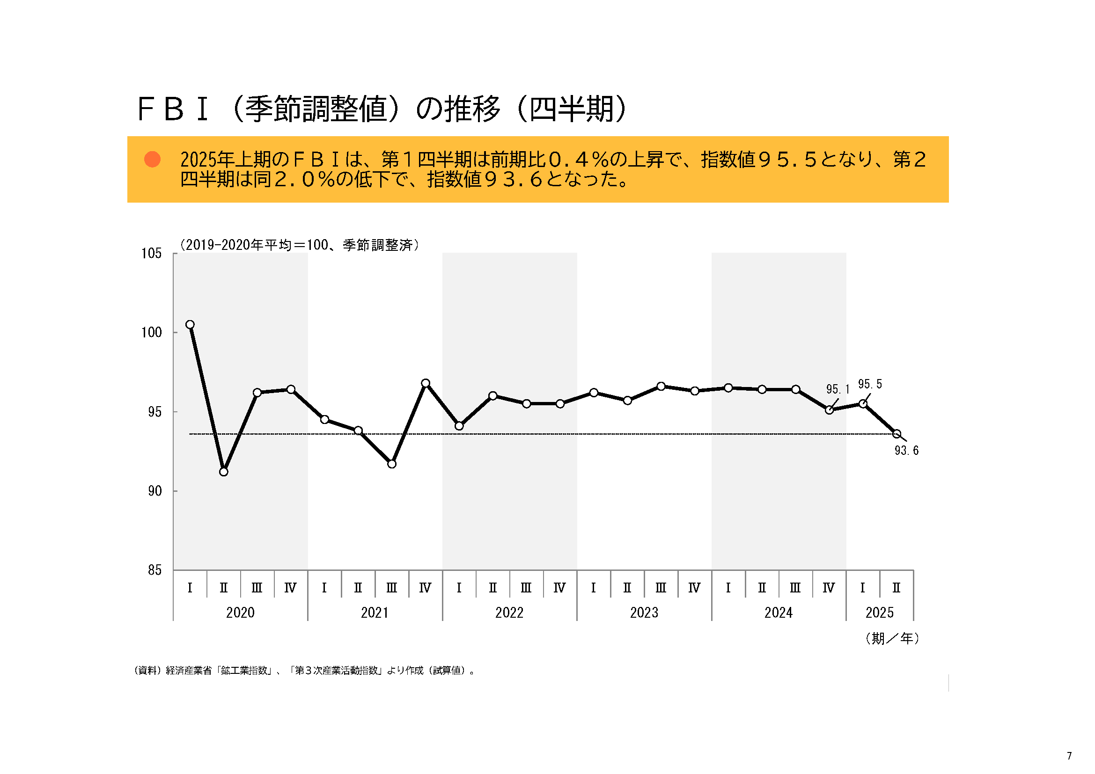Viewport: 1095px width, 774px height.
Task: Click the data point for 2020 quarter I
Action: pos(190,325)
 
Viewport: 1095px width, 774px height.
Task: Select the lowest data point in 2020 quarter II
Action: pos(224,472)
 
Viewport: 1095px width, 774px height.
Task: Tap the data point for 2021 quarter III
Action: pos(391,464)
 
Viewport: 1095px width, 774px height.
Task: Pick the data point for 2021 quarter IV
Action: pos(426,383)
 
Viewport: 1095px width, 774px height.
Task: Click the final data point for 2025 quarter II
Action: pos(897,434)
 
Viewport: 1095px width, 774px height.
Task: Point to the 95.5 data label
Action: pos(869,384)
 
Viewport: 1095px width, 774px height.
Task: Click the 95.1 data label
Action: pos(838,389)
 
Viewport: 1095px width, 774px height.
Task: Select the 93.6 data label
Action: pos(906,450)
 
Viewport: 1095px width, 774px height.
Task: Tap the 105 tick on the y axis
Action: pos(151,253)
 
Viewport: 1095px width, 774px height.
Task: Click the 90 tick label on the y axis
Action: pos(154,491)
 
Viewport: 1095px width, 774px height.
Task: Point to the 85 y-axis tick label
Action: pos(154,570)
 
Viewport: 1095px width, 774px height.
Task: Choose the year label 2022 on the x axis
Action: pos(509,613)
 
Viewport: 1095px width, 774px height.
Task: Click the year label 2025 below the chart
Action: pos(880,613)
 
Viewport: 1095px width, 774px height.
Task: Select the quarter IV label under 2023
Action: pos(694,588)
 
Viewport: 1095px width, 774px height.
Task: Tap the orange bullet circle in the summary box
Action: pos(152,159)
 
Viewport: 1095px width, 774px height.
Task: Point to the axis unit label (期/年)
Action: pos(892,638)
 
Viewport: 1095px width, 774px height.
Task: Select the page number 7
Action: pos(1069,756)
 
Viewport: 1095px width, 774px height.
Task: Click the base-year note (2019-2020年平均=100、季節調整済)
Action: pos(300,245)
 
